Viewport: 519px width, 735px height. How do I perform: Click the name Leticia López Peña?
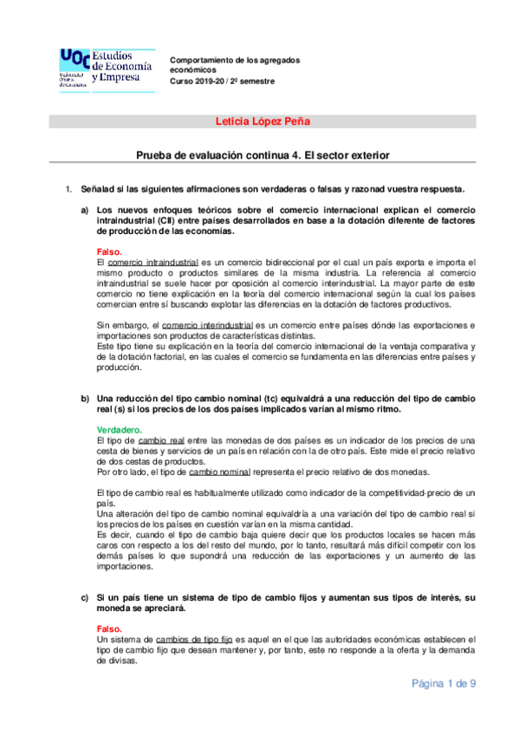click(x=262, y=121)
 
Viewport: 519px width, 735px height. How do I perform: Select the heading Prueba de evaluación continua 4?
click(x=262, y=155)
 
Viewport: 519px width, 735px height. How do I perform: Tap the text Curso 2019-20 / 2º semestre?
click(x=222, y=81)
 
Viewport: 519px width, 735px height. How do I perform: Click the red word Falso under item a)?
click(x=109, y=251)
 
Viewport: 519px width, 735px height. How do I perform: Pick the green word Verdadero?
click(x=120, y=430)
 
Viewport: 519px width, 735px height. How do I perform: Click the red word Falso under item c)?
click(x=109, y=628)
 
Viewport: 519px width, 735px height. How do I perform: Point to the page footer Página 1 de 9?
click(x=443, y=684)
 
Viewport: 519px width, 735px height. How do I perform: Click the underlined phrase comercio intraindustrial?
click(x=153, y=262)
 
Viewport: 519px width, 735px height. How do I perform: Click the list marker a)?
click(x=85, y=211)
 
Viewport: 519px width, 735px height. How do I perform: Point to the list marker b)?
click(x=85, y=399)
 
